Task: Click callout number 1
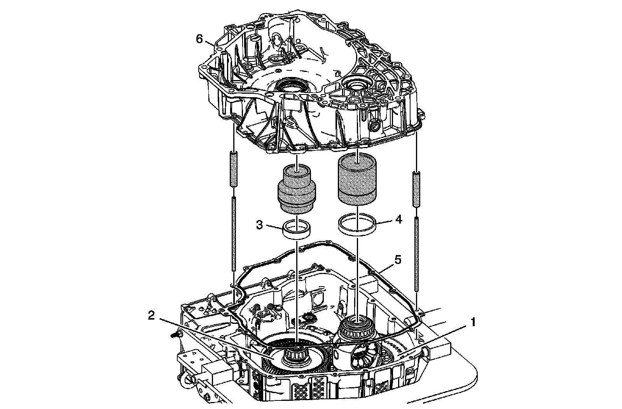pyautogui.click(x=473, y=323)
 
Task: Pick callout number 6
pyautogui.click(x=199, y=39)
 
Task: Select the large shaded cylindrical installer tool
pyautogui.click(x=357, y=178)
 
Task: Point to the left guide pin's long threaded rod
pyautogui.click(x=234, y=233)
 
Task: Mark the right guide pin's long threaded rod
pyautogui.click(x=416, y=253)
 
